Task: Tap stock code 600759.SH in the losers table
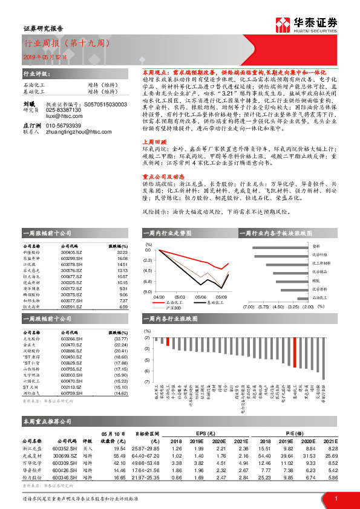pyautogui.click(x=71, y=394)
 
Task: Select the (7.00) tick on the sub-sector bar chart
pyautogui.click(x=248, y=307)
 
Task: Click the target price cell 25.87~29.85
pyautogui.click(x=145, y=449)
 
